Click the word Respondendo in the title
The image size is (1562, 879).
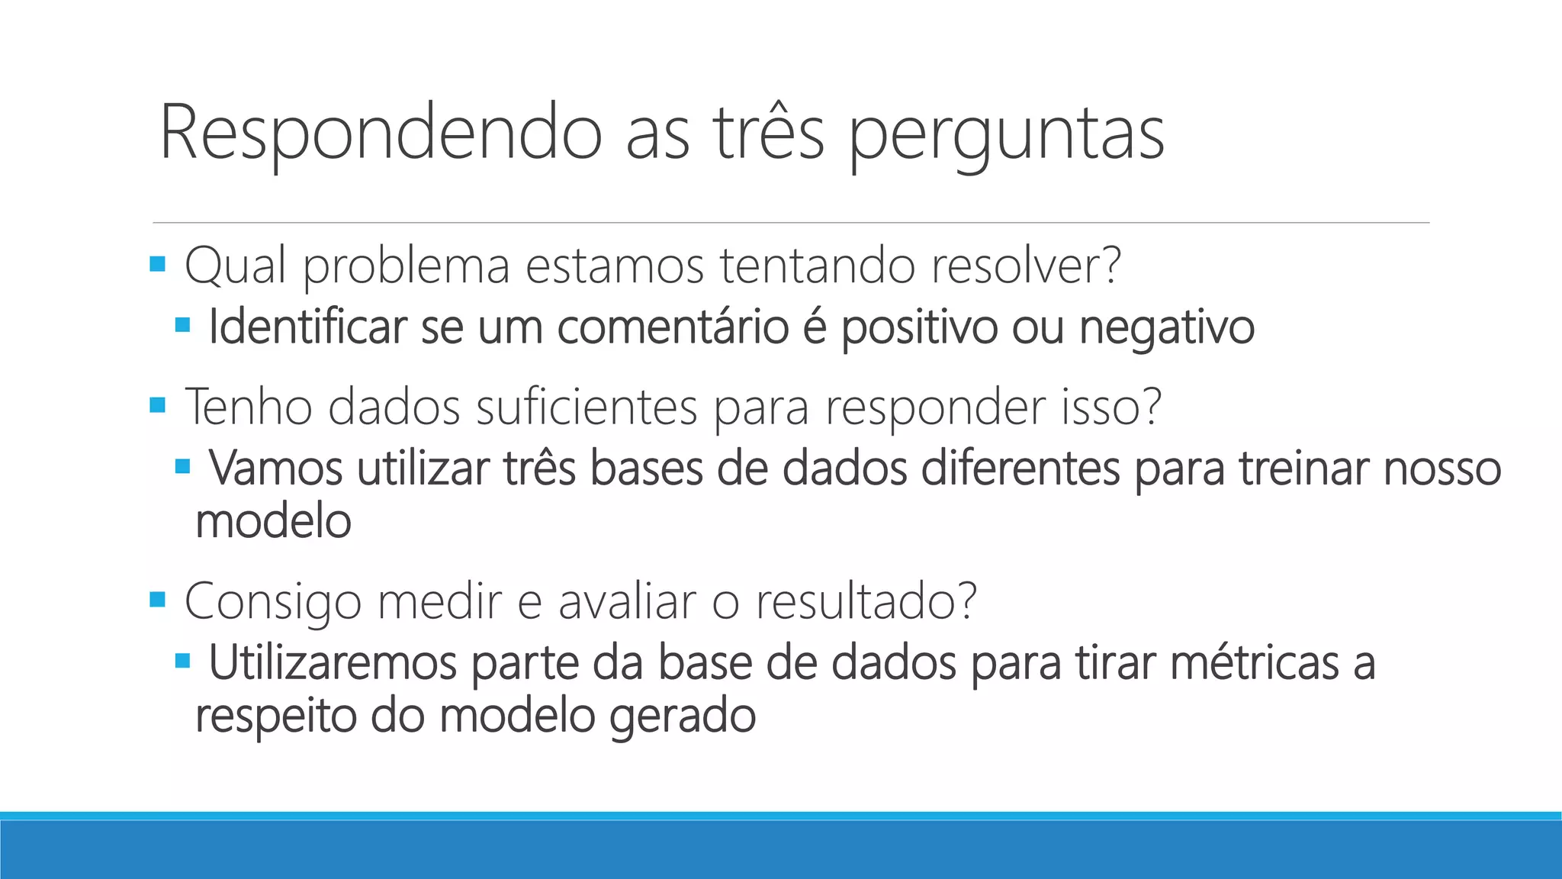[x=381, y=134]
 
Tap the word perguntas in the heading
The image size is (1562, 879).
[x=1006, y=136]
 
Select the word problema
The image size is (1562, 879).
[x=407, y=267]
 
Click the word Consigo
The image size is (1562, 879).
[x=273, y=603]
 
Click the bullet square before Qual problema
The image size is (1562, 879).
[x=158, y=265]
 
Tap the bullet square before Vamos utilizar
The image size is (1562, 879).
[x=182, y=465]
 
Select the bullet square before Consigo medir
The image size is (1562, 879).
[x=158, y=599]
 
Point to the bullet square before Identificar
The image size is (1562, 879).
[x=182, y=325]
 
